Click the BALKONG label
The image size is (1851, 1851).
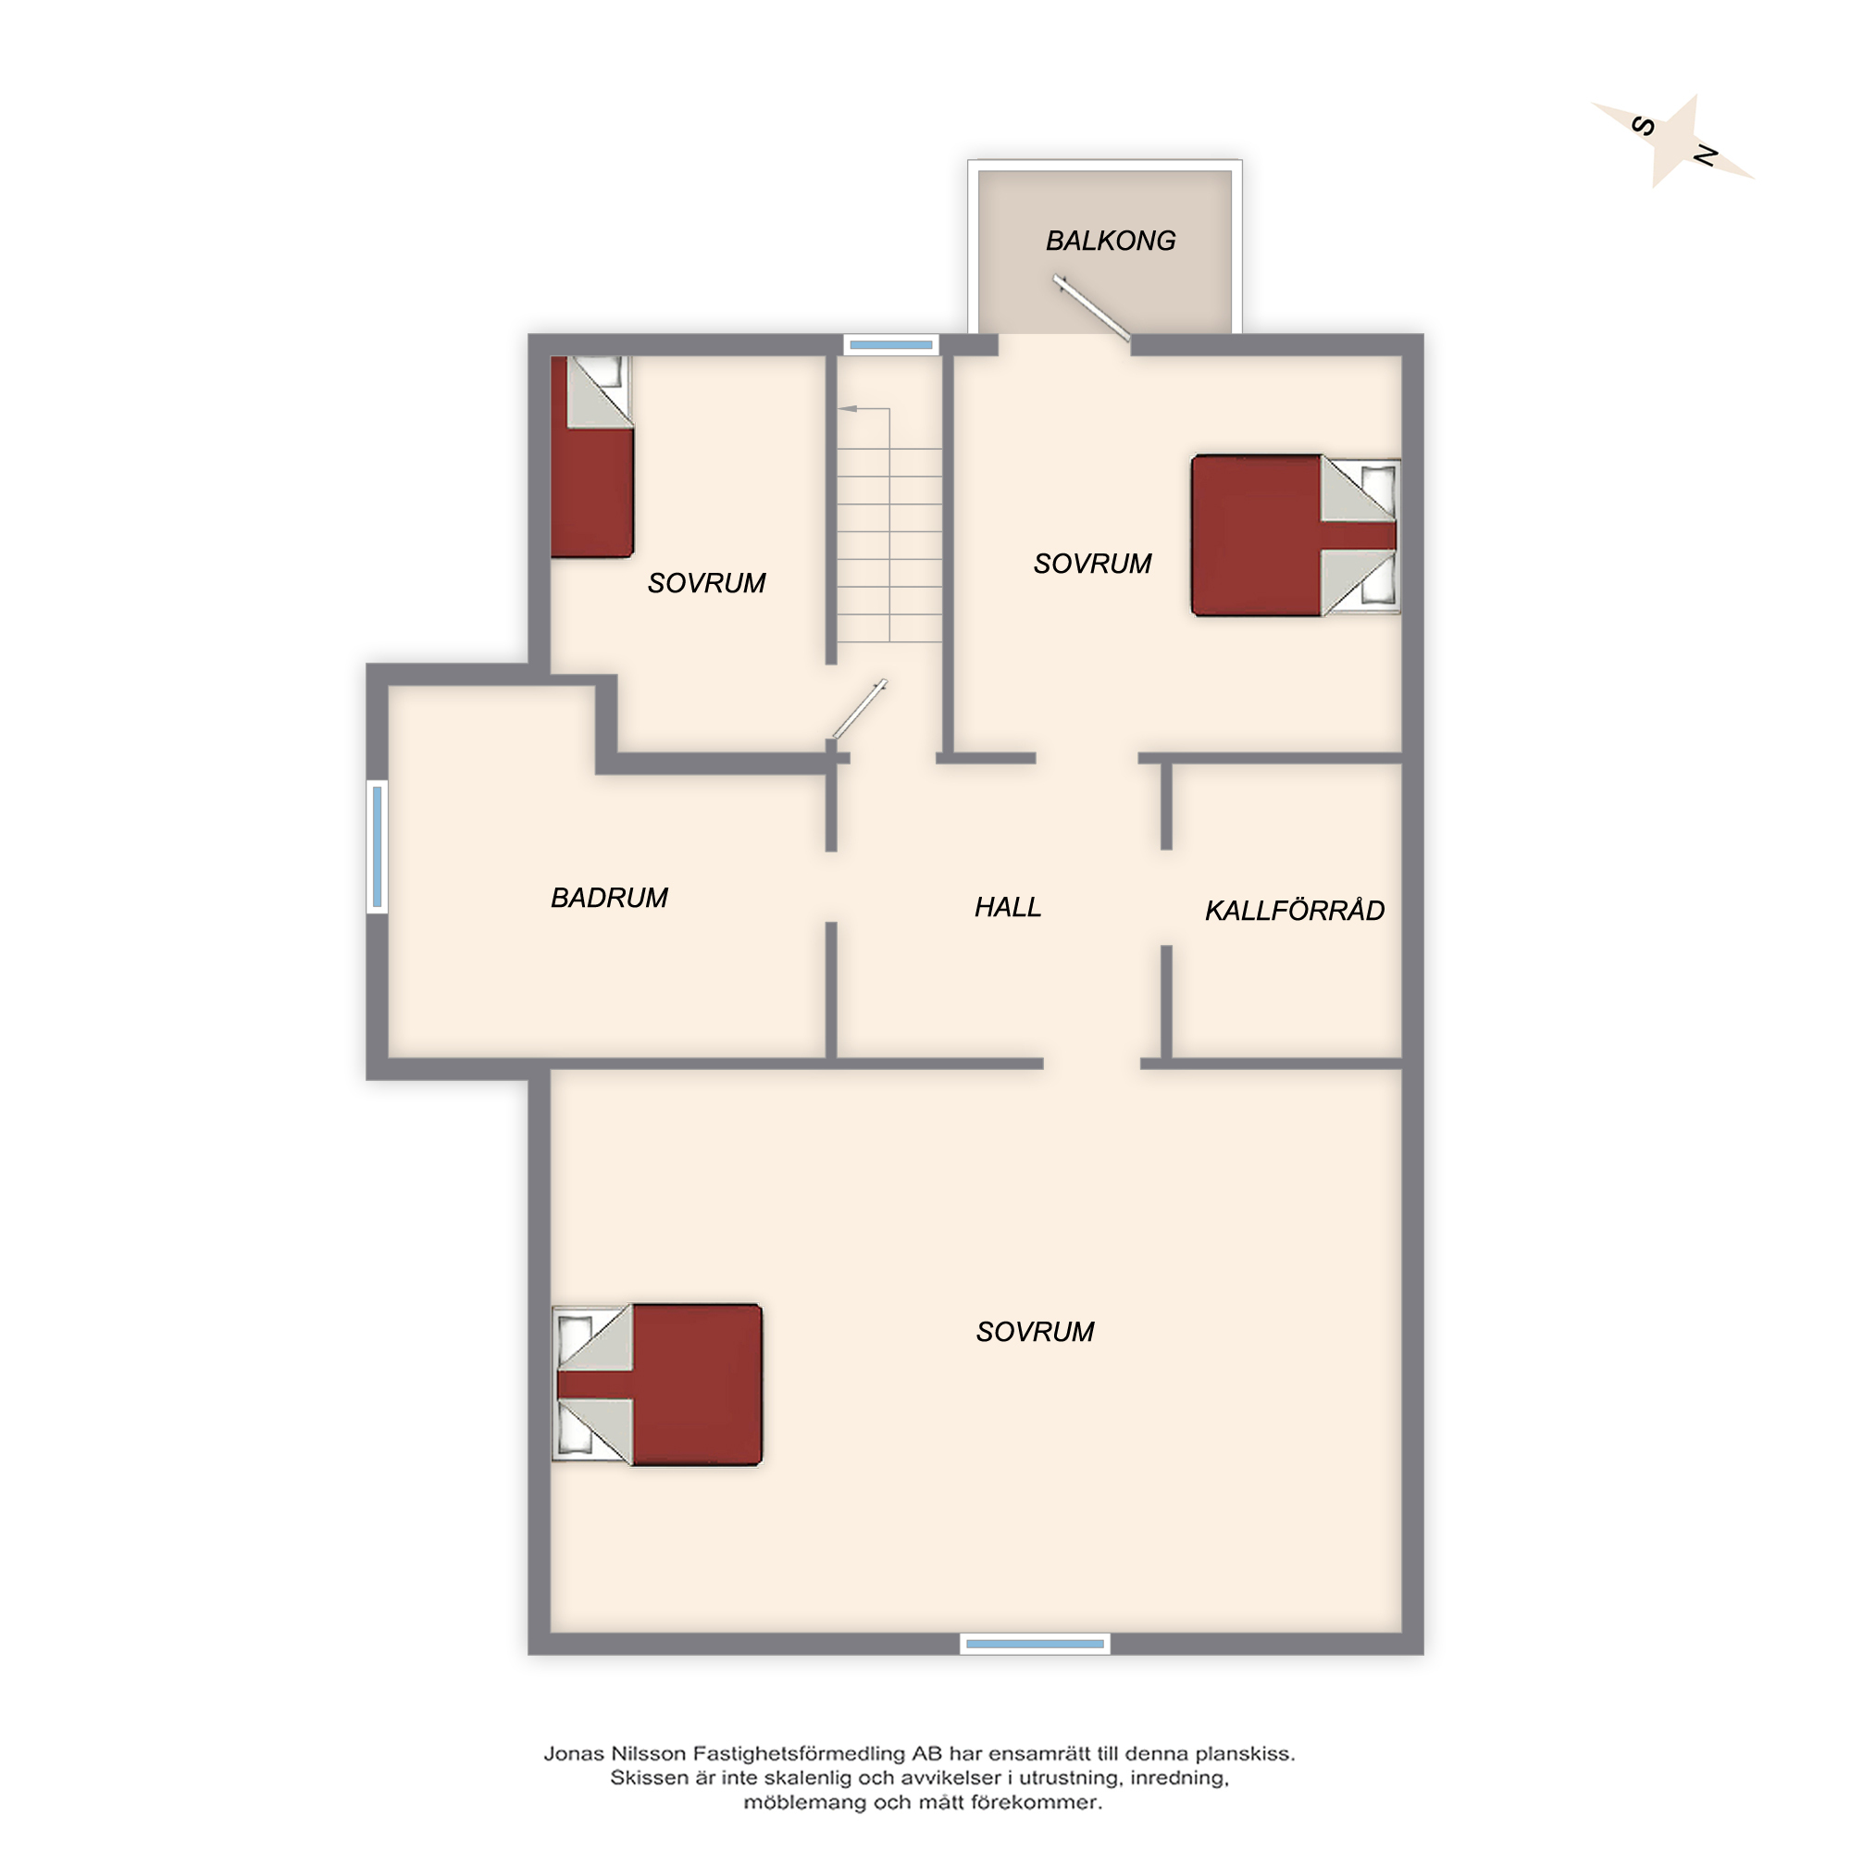pos(1111,241)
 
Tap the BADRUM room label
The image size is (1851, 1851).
pos(609,898)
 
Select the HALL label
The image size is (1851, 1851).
pos(1008,907)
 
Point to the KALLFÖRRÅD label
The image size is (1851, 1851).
pos(1295,909)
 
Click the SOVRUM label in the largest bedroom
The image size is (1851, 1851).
pos(1035,1332)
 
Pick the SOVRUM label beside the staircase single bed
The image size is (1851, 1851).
pos(706,582)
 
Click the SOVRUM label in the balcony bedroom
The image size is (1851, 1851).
pos(1092,564)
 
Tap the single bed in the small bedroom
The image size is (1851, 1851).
pos(592,457)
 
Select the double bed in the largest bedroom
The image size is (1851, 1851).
pos(657,1384)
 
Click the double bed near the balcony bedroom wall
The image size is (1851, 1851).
pos(1296,535)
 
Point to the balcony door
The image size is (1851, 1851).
pos(1091,307)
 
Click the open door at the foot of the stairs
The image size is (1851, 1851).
pos(859,710)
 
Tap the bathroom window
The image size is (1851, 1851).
pos(378,846)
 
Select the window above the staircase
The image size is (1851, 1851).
pos(891,345)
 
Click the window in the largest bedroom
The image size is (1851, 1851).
pos(1035,1644)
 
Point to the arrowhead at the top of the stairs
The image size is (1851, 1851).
pos(848,409)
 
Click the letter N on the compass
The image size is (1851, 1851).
pos(1706,155)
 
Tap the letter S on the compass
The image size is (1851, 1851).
pos(1643,126)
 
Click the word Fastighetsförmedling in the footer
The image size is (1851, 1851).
pos(799,1754)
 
